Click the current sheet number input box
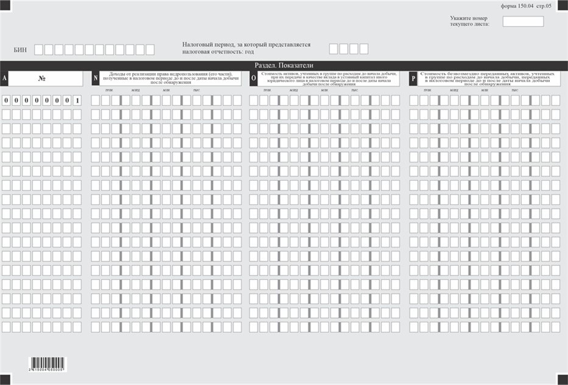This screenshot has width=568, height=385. pyautogui.click(x=523, y=21)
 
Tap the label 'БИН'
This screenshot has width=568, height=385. pyautogui.click(x=20, y=50)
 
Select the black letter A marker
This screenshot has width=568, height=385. pyautogui.click(x=5, y=78)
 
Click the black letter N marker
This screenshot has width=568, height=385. pyautogui.click(x=96, y=78)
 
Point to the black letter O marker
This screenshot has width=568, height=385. pyautogui.click(x=254, y=78)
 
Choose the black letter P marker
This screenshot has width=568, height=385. pyautogui.click(x=413, y=78)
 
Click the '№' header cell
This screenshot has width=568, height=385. pyautogui.click(x=42, y=78)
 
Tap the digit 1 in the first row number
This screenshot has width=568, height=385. pyautogui.click(x=77, y=100)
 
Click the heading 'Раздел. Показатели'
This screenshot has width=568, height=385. pyautogui.click(x=284, y=66)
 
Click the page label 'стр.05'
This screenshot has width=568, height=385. pyautogui.click(x=545, y=5)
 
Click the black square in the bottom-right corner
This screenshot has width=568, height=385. pyautogui.click(x=563, y=379)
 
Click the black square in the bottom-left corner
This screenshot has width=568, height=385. pyautogui.click(x=5, y=379)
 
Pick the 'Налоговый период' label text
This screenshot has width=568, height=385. pyautogui.click(x=246, y=48)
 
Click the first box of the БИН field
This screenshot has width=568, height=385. pyautogui.click(x=39, y=50)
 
